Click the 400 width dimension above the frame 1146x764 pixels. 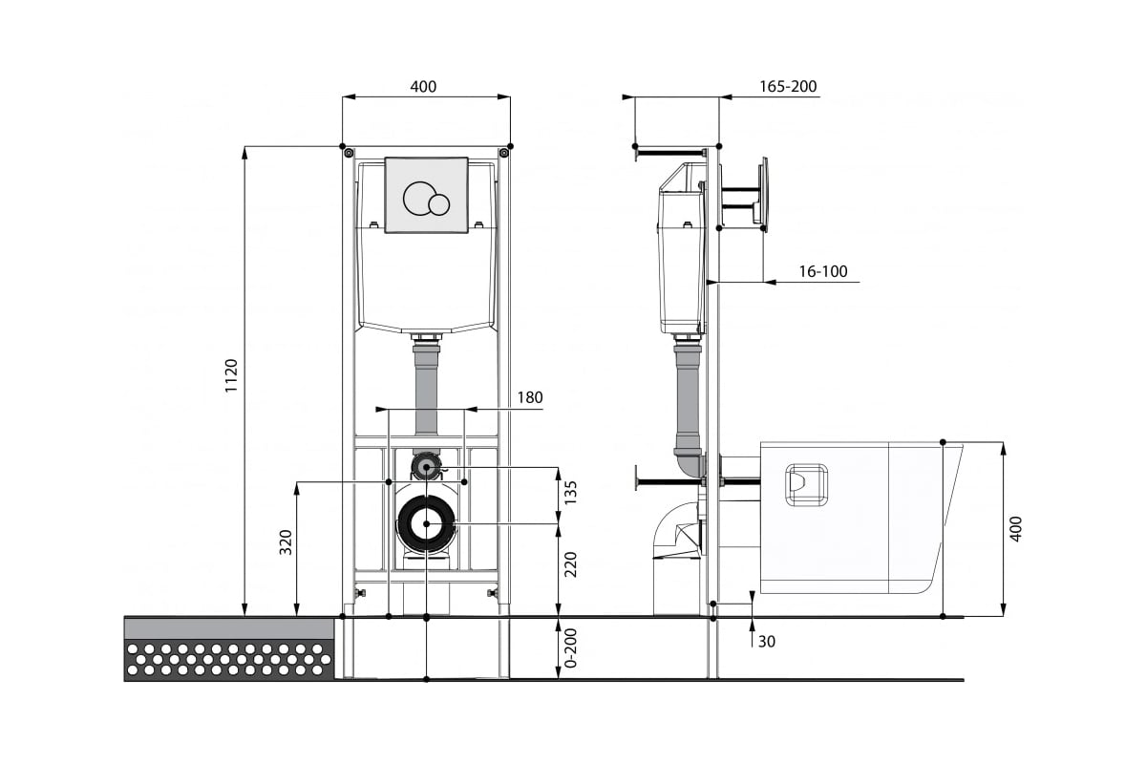[423, 87]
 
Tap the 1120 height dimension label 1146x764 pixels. [232, 376]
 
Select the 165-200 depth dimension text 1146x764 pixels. [788, 87]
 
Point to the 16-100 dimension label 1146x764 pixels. [823, 271]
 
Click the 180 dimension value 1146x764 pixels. [529, 397]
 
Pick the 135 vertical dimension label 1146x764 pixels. [570, 493]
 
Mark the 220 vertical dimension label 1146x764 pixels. [570, 564]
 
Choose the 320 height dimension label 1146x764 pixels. [286, 542]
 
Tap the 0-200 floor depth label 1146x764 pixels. [570, 648]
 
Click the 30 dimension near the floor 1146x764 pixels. [766, 642]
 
